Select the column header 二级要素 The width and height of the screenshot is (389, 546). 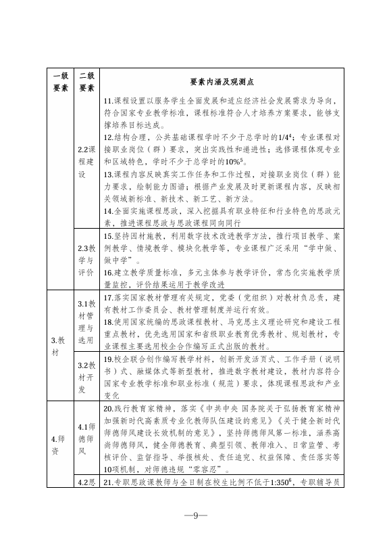86,81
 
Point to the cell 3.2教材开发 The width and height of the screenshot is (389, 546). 86,376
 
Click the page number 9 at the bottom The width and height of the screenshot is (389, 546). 194,516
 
